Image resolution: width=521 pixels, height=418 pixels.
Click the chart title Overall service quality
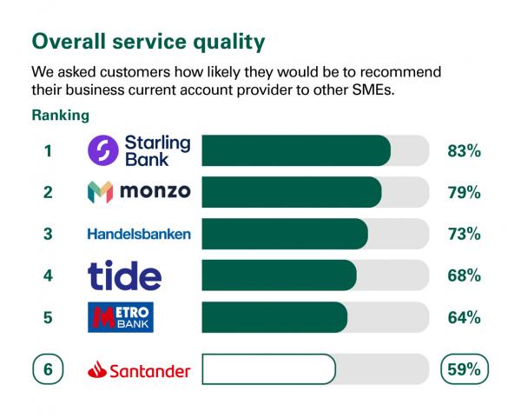click(x=148, y=41)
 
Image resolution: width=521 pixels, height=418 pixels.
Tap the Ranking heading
click(x=60, y=115)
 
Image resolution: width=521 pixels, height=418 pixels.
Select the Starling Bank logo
click(x=139, y=150)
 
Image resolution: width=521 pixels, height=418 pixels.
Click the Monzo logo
click(x=139, y=192)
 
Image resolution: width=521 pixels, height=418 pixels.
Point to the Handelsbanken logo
click(x=139, y=234)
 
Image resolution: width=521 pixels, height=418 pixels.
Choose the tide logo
click(x=125, y=275)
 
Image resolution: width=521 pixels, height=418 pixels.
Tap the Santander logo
click(x=139, y=370)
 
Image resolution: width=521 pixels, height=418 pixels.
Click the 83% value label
click(x=464, y=151)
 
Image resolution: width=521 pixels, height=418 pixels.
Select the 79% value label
click(x=464, y=193)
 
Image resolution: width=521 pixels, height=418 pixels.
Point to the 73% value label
click(x=464, y=235)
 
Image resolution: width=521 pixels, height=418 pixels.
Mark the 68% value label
click(x=464, y=276)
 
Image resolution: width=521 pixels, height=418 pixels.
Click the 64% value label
click(x=464, y=318)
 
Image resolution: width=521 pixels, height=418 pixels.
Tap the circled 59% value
click(x=464, y=369)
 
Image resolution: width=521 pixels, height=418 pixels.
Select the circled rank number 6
click(x=49, y=369)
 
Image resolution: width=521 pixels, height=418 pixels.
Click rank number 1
click(x=49, y=151)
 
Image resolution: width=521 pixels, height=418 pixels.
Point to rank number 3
click(x=49, y=235)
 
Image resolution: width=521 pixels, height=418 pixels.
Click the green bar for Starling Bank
click(x=295, y=151)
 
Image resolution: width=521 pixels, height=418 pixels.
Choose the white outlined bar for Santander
click(x=267, y=369)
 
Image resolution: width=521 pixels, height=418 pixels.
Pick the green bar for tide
click(x=278, y=276)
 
